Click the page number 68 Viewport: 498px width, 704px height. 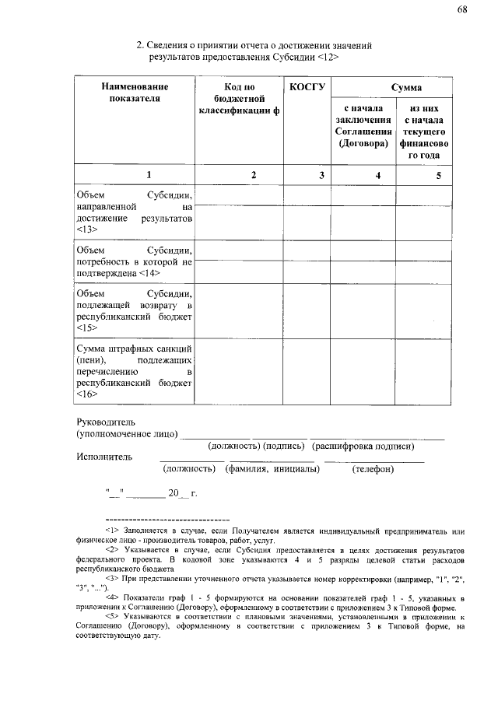point(462,9)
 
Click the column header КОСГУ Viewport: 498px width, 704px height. point(306,87)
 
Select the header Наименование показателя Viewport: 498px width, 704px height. point(135,93)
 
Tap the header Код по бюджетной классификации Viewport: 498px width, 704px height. point(239,100)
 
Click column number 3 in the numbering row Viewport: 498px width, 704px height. point(321,176)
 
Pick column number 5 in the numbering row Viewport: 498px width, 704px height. point(438,176)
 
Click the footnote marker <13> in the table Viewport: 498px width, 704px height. point(86,231)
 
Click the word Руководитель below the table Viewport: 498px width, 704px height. point(105,421)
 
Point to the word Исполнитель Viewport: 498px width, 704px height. point(104,456)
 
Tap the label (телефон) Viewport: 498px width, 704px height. point(373,469)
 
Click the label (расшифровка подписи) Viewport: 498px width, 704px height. point(363,446)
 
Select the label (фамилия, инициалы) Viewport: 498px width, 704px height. point(272,469)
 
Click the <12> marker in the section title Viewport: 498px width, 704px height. point(329,58)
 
